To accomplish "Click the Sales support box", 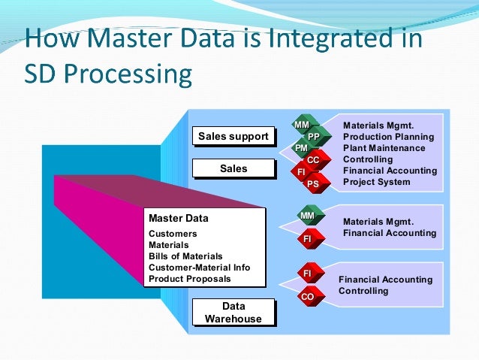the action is pyautogui.click(x=233, y=136).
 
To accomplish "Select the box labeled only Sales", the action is pyautogui.click(x=233, y=169).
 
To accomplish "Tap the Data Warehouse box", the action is pyautogui.click(x=233, y=313).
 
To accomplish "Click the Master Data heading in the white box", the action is pyautogui.click(x=179, y=219).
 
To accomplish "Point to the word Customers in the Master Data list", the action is pyautogui.click(x=173, y=234).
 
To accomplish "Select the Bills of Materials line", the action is pyautogui.click(x=185, y=256).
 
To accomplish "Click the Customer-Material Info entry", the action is pyautogui.click(x=199, y=268).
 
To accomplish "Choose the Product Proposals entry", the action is pyautogui.click(x=190, y=279).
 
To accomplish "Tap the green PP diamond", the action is pyautogui.click(x=314, y=137).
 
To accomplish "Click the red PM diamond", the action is pyautogui.click(x=301, y=149).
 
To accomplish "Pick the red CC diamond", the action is pyautogui.click(x=313, y=160).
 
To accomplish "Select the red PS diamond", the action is pyautogui.click(x=313, y=183).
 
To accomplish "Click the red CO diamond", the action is pyautogui.click(x=307, y=297).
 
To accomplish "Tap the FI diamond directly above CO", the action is pyautogui.click(x=307, y=273).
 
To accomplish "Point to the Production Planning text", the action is pyautogui.click(x=388, y=137).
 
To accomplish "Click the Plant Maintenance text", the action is pyautogui.click(x=384, y=148).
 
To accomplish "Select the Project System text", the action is pyautogui.click(x=376, y=182).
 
